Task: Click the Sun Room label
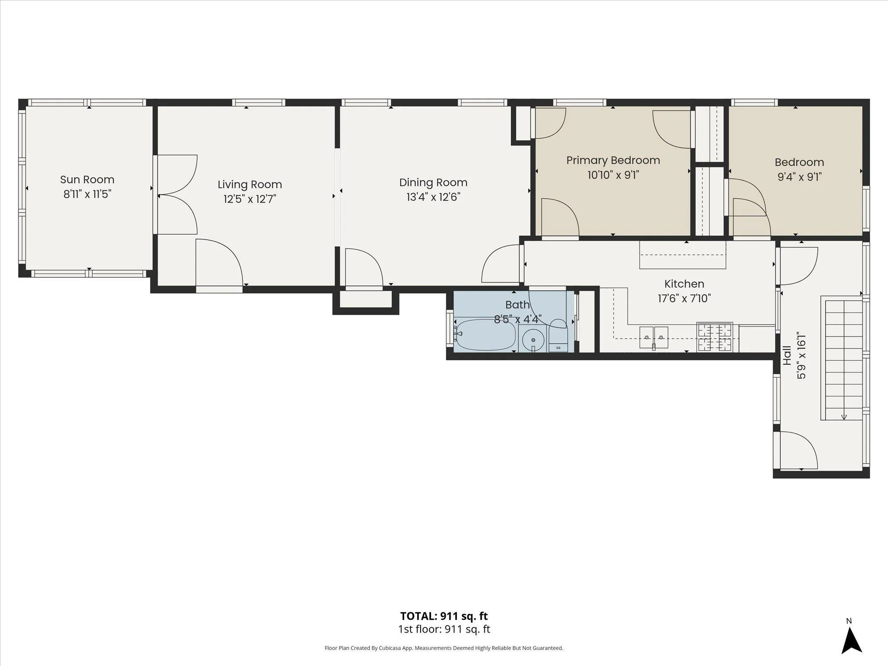[x=87, y=180]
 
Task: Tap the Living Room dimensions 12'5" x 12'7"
[x=250, y=199]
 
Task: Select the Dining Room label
[x=433, y=183]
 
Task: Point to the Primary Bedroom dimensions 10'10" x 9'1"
[x=613, y=175]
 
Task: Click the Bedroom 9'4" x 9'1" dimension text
[x=799, y=177]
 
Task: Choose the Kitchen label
[x=684, y=284]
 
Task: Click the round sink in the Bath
[x=533, y=339]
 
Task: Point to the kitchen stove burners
[x=715, y=337]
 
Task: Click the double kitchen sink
[x=654, y=338]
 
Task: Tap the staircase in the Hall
[x=842, y=358]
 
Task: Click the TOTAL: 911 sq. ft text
[x=444, y=616]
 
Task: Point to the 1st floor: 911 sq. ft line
[x=444, y=629]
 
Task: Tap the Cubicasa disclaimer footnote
[x=444, y=648]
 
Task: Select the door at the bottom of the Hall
[x=799, y=451]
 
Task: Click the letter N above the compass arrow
[x=849, y=621]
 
